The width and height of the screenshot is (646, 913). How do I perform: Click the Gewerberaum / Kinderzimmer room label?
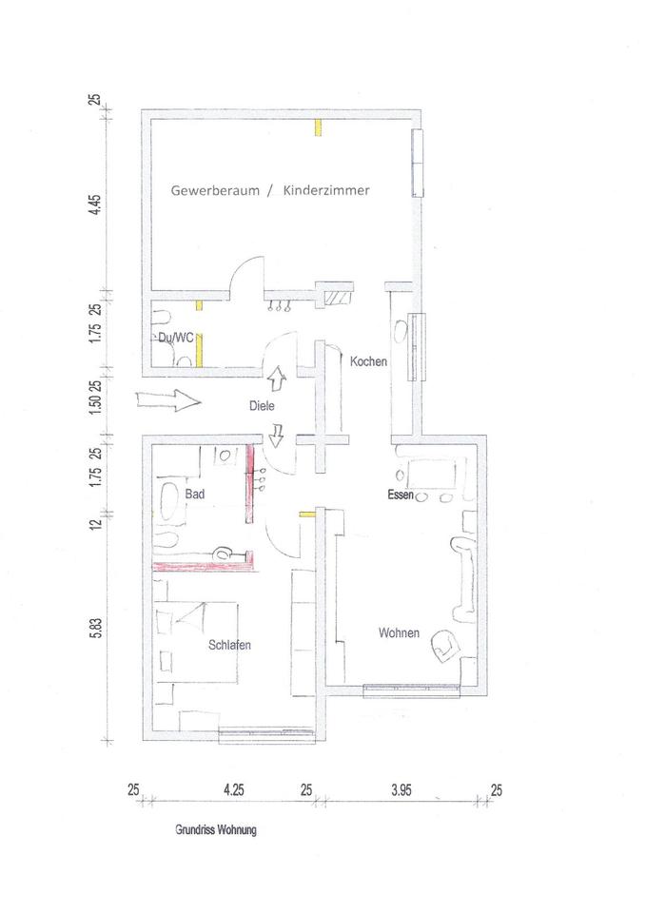(270, 190)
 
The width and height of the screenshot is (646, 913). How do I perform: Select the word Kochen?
(367, 362)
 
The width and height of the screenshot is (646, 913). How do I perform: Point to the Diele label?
(262, 405)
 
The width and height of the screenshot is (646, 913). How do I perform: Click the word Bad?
(195, 495)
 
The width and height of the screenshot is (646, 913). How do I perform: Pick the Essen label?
(400, 495)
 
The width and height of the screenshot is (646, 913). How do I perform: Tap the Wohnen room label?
(398, 632)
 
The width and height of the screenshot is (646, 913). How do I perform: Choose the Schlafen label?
(229, 645)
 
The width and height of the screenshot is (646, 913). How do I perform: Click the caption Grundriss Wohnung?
(216, 829)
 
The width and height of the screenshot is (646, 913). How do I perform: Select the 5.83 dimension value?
(95, 630)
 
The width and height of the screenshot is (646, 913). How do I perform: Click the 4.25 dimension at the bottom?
(233, 789)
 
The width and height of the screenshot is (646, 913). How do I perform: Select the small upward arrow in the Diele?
(277, 379)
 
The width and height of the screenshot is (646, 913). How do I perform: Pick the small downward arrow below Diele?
(277, 437)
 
